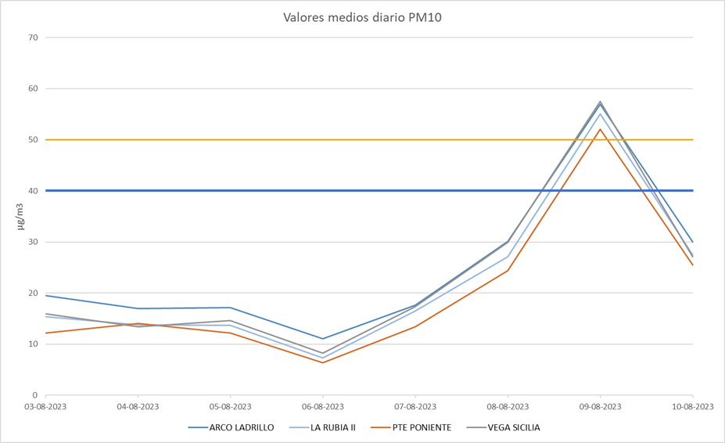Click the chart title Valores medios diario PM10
[x=362, y=17]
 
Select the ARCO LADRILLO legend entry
[x=241, y=427]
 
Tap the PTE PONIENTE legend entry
[x=422, y=427]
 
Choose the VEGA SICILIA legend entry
[x=513, y=427]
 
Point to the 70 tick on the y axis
[x=33, y=38]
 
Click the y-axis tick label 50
[x=33, y=140]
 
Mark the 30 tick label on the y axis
[x=33, y=242]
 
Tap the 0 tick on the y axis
[x=35, y=395]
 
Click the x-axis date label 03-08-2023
[x=46, y=407]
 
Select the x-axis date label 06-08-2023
[x=323, y=407]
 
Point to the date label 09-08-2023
[x=601, y=407]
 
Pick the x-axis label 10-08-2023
[x=693, y=407]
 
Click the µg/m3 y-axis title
[x=20, y=216]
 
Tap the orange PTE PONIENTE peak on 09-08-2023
[x=601, y=129]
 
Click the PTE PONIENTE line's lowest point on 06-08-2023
[x=323, y=362]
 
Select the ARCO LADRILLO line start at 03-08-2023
[x=46, y=295]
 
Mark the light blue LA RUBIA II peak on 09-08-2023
[x=601, y=113]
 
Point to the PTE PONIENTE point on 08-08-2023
[x=508, y=271]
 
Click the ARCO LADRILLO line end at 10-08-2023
[x=693, y=242]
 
